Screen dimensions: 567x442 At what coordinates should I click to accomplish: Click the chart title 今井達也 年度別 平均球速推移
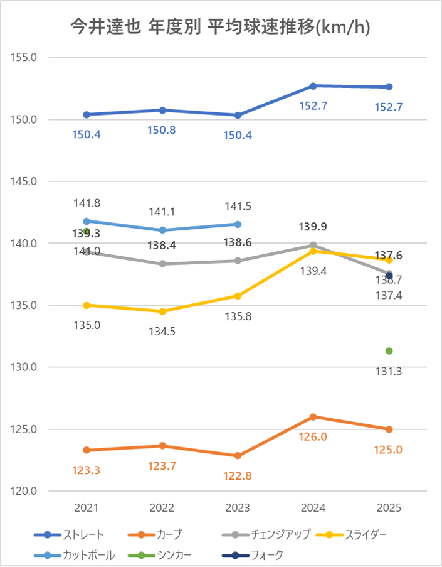tap(220, 27)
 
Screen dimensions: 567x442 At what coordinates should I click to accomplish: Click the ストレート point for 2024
tap(313, 85)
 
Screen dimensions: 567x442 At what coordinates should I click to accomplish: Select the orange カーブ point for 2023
tap(238, 456)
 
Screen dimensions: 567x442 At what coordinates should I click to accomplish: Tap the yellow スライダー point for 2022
tap(162, 311)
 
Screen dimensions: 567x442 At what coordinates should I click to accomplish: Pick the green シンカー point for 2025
tap(389, 351)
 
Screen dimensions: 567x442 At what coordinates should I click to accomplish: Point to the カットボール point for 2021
tap(87, 221)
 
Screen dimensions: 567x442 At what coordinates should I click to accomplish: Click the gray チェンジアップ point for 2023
tap(238, 261)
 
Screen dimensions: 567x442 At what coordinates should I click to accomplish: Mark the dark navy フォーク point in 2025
tap(389, 276)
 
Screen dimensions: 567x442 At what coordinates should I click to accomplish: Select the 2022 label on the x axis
tap(162, 508)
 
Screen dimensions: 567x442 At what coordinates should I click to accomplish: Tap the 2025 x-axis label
tap(389, 508)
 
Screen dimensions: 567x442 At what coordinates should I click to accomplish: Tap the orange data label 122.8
tap(238, 476)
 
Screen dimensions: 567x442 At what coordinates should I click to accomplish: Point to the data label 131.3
tap(389, 371)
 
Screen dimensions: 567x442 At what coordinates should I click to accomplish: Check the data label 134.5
tap(162, 332)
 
